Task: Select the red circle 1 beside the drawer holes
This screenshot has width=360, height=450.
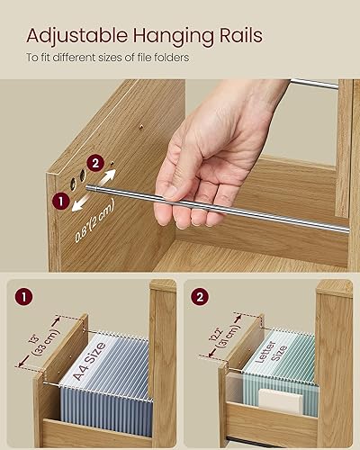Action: tap(60, 202)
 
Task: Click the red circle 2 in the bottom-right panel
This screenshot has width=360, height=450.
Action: tap(200, 294)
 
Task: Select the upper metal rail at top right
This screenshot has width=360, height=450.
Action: tap(315, 84)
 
